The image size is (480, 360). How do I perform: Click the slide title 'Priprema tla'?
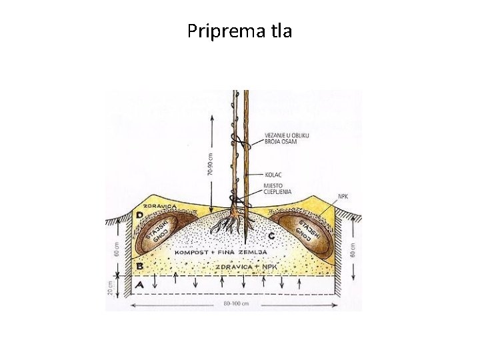click(239, 31)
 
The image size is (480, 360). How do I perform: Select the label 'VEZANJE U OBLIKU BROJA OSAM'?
click(286, 138)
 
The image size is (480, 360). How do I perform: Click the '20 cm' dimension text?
click(110, 288)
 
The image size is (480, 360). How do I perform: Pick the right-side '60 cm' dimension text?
click(354, 249)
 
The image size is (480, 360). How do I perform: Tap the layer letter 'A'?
click(139, 285)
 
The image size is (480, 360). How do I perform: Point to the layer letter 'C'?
click(271, 236)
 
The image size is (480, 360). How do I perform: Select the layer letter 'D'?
click(140, 215)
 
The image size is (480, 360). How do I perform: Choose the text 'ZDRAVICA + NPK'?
click(247, 267)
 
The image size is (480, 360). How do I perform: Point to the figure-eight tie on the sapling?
click(240, 142)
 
